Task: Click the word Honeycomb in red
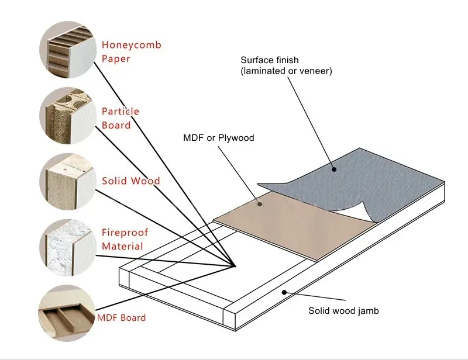131,45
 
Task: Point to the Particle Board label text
121,118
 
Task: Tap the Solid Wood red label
130,181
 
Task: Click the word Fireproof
125,233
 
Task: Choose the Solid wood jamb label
343,311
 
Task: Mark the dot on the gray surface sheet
335,170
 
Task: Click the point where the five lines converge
235,266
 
